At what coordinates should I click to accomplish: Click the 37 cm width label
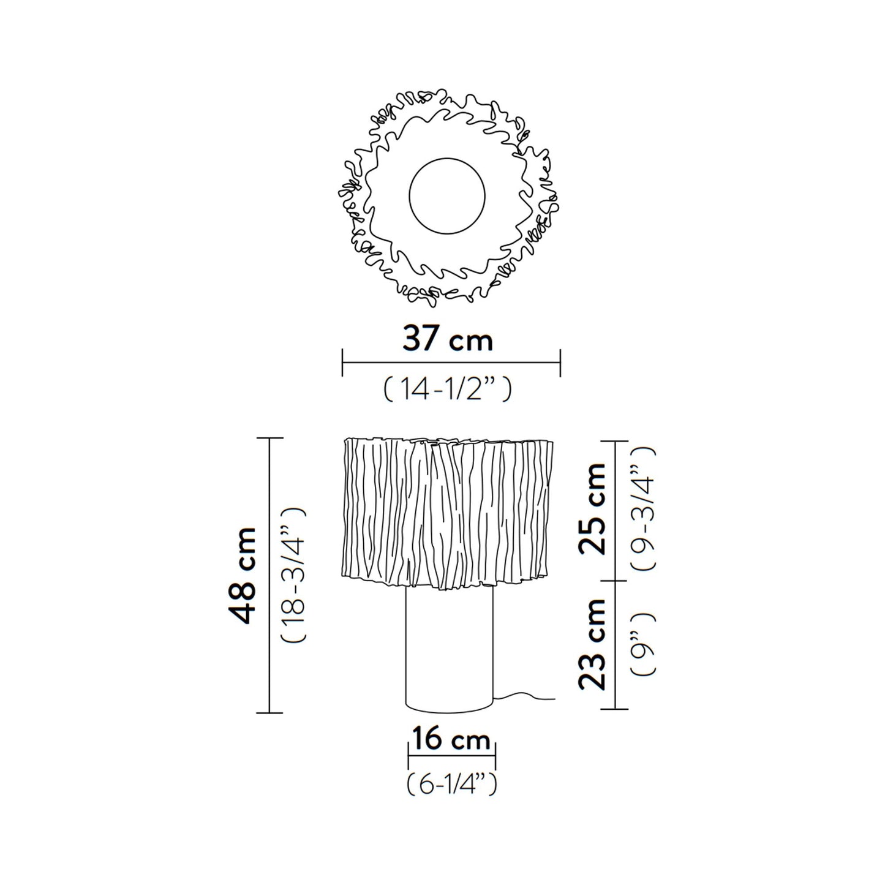tap(448, 340)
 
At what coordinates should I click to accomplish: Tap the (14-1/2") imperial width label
tap(447, 389)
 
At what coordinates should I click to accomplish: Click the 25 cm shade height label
tap(592, 509)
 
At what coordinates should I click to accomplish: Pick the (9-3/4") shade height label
tap(643, 509)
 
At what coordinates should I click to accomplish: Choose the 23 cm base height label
tap(592, 644)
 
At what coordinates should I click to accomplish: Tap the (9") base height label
tap(643, 644)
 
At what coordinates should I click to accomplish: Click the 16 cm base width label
tap(451, 740)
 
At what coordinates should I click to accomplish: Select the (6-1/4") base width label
tap(451, 783)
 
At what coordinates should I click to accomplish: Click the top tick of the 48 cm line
tap(269, 439)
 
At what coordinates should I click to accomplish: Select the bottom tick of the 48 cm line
tap(269, 713)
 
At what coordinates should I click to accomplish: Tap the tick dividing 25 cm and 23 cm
tap(615, 581)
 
